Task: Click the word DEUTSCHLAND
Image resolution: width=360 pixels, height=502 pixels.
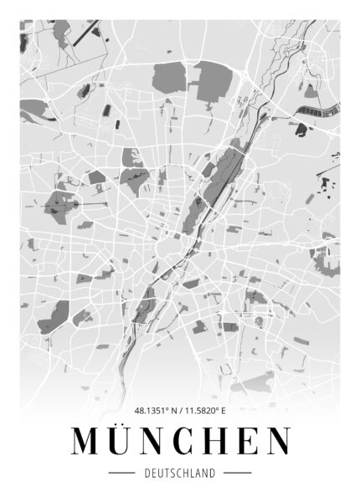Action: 180,474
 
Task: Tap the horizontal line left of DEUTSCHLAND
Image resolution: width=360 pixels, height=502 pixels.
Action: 122,474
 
